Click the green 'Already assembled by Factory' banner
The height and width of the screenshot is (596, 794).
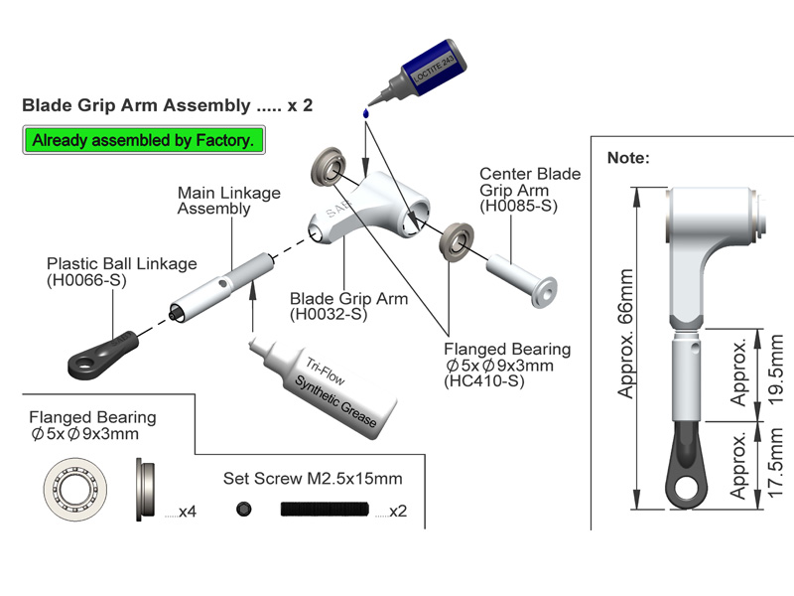[x=144, y=140]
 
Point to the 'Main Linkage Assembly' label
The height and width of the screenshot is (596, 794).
[x=228, y=200]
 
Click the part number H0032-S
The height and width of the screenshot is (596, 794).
[x=329, y=315]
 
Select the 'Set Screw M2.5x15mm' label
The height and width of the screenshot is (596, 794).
[x=313, y=478]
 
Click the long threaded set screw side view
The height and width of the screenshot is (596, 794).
[x=325, y=510]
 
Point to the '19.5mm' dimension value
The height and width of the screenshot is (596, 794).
[x=777, y=366]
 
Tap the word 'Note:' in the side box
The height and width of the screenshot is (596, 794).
[x=627, y=158]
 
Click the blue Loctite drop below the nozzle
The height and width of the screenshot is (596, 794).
[x=366, y=114]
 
